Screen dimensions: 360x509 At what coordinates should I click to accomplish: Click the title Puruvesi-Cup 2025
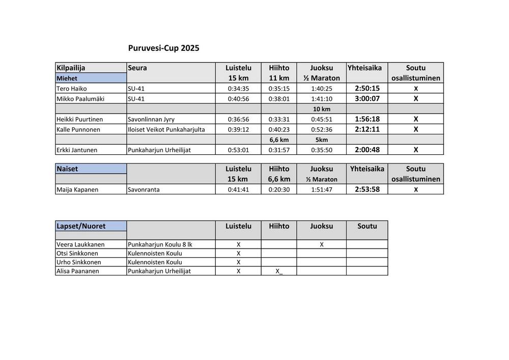click(x=163, y=48)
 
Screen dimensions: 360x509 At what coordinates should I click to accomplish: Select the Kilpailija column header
click(x=71, y=68)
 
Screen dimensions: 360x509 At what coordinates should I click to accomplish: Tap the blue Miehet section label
click(x=67, y=78)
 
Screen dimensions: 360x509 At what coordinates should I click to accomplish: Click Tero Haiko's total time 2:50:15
click(x=367, y=88)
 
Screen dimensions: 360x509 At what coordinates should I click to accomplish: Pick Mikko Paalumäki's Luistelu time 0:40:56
click(x=238, y=99)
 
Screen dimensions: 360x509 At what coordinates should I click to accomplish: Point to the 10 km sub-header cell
click(x=321, y=109)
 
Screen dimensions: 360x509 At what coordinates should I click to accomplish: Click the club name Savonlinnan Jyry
click(x=151, y=119)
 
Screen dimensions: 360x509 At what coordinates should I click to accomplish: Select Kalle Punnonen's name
click(x=78, y=129)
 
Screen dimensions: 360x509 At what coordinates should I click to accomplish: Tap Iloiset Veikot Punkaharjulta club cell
click(x=166, y=129)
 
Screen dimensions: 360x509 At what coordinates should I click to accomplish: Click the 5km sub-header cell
click(x=321, y=140)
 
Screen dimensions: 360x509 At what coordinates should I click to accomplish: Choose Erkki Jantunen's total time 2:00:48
click(x=367, y=150)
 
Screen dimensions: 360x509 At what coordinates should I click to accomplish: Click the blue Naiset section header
click(x=68, y=169)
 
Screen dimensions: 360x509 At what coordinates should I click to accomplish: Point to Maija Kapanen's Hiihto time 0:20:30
click(x=279, y=189)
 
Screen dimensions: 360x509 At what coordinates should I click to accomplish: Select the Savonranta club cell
click(x=144, y=189)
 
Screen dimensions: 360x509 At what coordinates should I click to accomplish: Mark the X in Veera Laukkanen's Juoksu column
click(x=322, y=244)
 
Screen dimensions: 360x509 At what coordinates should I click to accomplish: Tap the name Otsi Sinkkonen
click(x=77, y=253)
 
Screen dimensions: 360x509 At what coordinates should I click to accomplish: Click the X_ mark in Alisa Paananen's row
click(x=279, y=271)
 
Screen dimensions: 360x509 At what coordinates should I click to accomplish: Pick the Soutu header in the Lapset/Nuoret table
click(x=367, y=226)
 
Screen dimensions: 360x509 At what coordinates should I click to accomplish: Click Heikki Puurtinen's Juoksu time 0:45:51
click(x=321, y=119)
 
